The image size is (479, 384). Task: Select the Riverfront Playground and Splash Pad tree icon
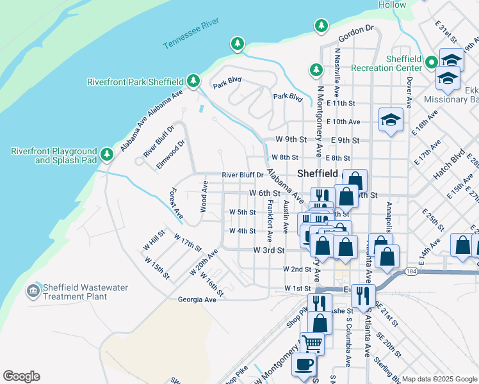point(108,154)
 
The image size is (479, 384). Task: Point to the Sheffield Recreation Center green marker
point(432,63)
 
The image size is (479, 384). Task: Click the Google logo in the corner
point(21,376)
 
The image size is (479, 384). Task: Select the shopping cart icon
point(312,342)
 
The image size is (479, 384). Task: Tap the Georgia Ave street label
point(197,299)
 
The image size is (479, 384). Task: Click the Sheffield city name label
point(318,174)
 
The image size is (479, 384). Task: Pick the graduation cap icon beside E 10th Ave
point(391,119)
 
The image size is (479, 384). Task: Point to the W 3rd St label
point(268,250)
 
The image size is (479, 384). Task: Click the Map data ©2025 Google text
point(439,379)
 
